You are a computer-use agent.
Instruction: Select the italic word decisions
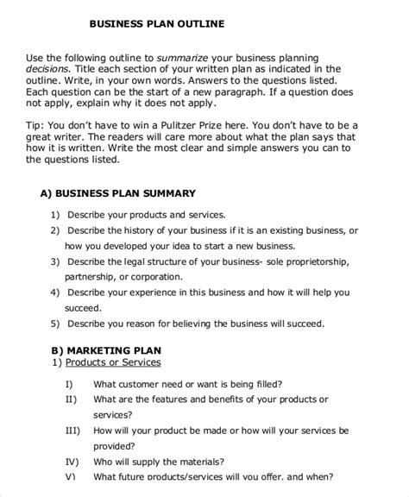pyautogui.click(x=51, y=69)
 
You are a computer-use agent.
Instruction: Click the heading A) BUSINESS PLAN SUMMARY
pyautogui.click(x=118, y=193)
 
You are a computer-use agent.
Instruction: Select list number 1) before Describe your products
pyautogui.click(x=55, y=214)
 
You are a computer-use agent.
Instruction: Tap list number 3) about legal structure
pyautogui.click(x=55, y=261)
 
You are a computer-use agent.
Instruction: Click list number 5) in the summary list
pyautogui.click(x=55, y=324)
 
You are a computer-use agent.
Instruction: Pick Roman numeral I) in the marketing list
pyautogui.click(x=69, y=383)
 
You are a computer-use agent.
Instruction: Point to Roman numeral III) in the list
pyautogui.click(x=72, y=430)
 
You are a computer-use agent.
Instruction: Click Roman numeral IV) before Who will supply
pyautogui.click(x=72, y=461)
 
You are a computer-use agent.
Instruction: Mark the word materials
pyautogui.click(x=196, y=461)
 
